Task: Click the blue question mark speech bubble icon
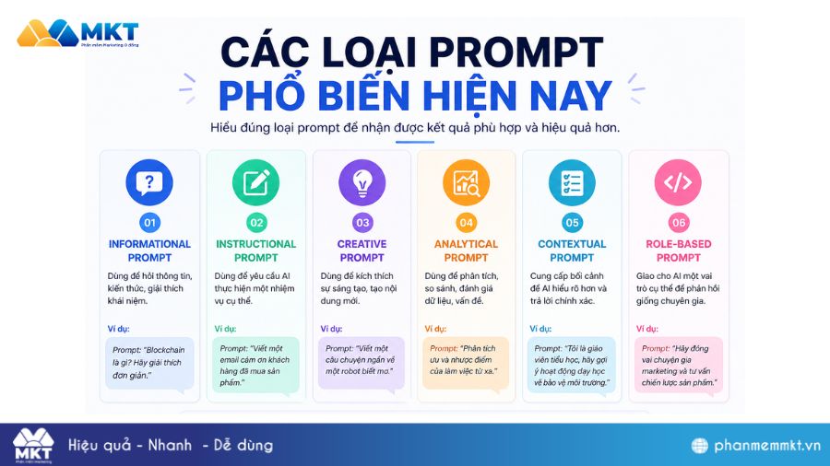coord(149,181)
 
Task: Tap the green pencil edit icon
coord(255,181)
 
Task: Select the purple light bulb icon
coord(362,181)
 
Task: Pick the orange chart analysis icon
coord(466,181)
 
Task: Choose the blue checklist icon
coord(572,181)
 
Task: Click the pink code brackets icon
coord(678,181)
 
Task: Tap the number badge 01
coord(149,222)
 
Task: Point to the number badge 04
coord(466,222)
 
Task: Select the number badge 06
coord(678,222)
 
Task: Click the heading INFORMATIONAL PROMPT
coord(149,250)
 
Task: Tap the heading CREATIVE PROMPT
coord(362,250)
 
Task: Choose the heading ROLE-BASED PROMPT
coord(678,250)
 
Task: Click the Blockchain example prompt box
coord(149,363)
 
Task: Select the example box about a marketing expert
coord(678,363)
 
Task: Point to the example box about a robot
coord(362,363)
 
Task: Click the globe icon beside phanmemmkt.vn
coord(701,446)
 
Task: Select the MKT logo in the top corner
coord(77,34)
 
